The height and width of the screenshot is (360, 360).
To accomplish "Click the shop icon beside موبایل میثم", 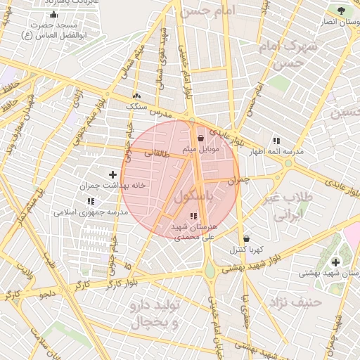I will pyautogui.click(x=202, y=139).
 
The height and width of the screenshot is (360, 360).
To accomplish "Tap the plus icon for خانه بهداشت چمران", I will pyautogui.click(x=112, y=174).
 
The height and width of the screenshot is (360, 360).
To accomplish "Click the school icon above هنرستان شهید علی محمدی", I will pyautogui.click(x=194, y=216).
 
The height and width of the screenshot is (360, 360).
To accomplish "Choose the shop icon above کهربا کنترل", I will pyautogui.click(x=245, y=238).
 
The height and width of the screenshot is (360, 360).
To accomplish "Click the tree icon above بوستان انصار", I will pyautogui.click(x=342, y=11).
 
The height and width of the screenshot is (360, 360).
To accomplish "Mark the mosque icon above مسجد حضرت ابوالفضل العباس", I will pyautogui.click(x=54, y=15).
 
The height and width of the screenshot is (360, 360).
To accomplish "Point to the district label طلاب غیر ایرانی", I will pyautogui.click(x=287, y=206).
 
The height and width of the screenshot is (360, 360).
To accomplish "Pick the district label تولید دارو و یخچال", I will pyautogui.click(x=156, y=314).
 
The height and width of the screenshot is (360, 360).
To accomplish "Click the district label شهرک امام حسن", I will pyautogui.click(x=279, y=55).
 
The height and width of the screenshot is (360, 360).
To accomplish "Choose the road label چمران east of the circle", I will pyautogui.click(x=239, y=181).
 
